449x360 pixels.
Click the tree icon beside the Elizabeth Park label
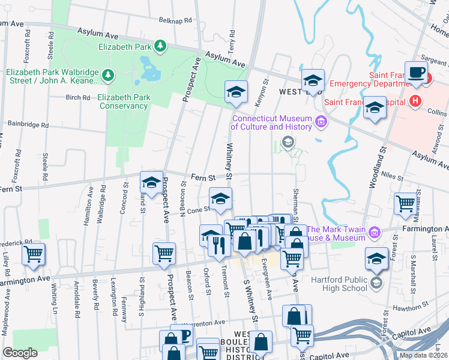[x=160, y=46]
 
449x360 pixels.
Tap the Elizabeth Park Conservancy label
[x=122, y=101]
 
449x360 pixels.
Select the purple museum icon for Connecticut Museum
[x=321, y=122]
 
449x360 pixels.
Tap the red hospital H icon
[x=413, y=101]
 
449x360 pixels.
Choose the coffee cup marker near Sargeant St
[x=415, y=73]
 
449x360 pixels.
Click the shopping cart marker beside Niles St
[x=405, y=203]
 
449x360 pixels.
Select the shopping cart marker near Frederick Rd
[x=33, y=254]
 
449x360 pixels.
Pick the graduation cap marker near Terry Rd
[x=237, y=92]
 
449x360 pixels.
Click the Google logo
[x=20, y=353]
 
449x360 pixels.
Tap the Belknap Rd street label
[x=175, y=20]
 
